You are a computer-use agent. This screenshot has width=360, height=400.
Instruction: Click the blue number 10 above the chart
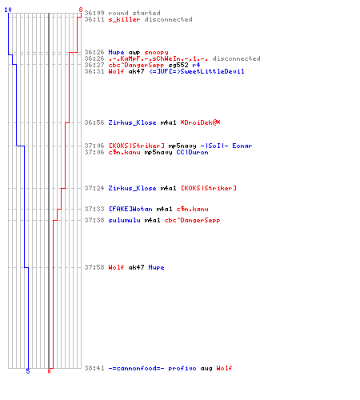click(8, 10)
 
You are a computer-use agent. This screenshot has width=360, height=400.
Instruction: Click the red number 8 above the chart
click(81, 10)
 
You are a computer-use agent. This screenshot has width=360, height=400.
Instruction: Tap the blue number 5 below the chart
click(28, 371)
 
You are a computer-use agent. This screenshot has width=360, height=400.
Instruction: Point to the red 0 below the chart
click(49, 371)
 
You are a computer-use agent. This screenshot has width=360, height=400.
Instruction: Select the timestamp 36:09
click(94, 13)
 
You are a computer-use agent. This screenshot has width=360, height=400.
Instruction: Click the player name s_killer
click(124, 19)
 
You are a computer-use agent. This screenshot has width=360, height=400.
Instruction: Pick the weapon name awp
click(134, 53)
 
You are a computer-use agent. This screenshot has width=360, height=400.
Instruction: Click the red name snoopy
click(156, 53)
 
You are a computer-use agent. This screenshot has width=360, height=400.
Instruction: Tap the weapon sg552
click(178, 66)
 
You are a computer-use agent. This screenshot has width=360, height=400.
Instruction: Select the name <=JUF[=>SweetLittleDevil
click(197, 71)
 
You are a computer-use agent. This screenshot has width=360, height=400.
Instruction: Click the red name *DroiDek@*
click(200, 122)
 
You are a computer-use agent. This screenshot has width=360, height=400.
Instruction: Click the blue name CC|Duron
click(192, 152)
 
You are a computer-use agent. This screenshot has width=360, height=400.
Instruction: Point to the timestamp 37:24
click(94, 188)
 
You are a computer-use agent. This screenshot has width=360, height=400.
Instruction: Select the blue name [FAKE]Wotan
click(130, 209)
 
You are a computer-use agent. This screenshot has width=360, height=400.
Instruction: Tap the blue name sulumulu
click(124, 220)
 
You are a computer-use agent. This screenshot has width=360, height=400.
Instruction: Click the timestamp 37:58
click(94, 267)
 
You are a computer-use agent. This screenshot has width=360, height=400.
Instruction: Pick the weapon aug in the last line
click(206, 369)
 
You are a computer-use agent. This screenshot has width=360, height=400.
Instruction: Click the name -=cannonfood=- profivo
click(152, 369)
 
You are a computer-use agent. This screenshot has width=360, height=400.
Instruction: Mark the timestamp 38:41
click(94, 368)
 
